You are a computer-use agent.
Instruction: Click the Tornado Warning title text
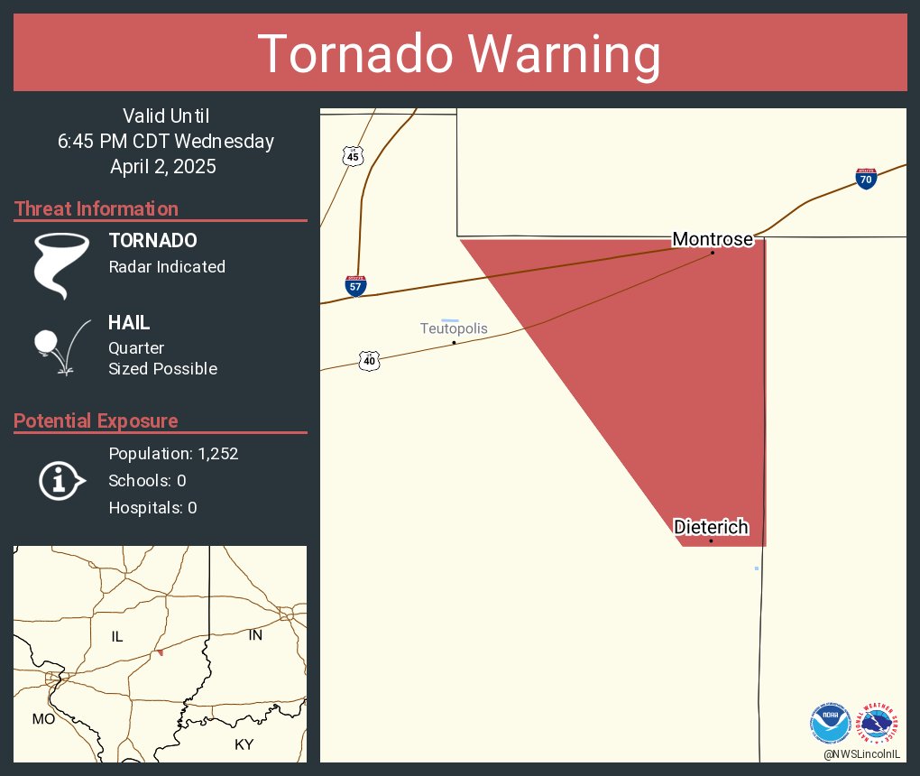[x=460, y=54]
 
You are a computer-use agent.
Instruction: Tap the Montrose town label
[x=712, y=239]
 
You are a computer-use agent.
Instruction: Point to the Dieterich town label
[x=711, y=527]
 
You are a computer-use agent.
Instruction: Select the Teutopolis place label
[x=454, y=328]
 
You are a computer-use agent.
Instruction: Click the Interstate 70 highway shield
[x=866, y=178]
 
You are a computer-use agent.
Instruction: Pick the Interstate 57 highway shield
[x=355, y=287]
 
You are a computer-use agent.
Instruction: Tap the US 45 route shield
[x=353, y=156]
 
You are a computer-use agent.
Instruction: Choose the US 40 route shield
[x=369, y=361]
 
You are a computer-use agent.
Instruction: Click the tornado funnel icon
[x=61, y=265]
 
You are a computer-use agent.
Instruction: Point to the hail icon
[x=61, y=346]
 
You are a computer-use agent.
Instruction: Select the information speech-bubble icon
[x=60, y=481]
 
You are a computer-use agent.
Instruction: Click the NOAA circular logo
[x=830, y=723]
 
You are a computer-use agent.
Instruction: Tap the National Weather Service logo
[x=879, y=723]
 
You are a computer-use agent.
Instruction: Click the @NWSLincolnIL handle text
[x=863, y=753]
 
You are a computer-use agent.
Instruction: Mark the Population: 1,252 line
[x=173, y=454]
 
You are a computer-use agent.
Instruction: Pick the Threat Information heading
[x=97, y=209]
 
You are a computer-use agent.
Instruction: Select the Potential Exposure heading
[x=96, y=421]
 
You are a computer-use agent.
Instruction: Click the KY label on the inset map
[x=244, y=744]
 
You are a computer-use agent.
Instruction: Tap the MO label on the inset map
[x=43, y=719]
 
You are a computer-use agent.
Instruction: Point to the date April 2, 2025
[x=162, y=167]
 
